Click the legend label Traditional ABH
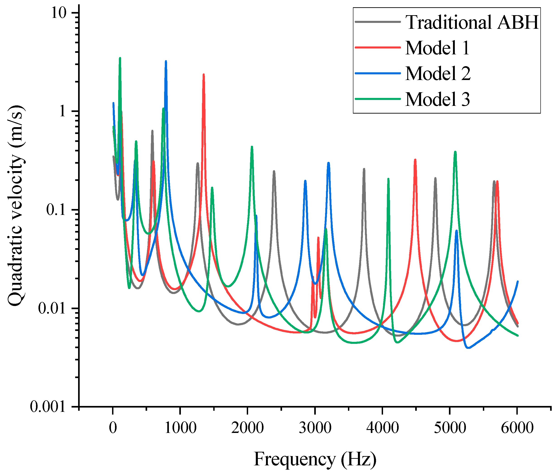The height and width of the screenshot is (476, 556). [x=472, y=22]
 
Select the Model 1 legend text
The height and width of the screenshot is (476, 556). [x=437, y=48]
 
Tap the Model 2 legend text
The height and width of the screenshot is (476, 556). [x=438, y=73]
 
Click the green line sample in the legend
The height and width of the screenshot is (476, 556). [x=378, y=99]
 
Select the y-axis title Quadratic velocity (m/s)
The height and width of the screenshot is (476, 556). [x=16, y=206]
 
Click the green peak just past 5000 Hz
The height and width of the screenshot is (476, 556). [x=455, y=152]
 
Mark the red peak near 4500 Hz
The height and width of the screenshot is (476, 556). [x=415, y=160]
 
